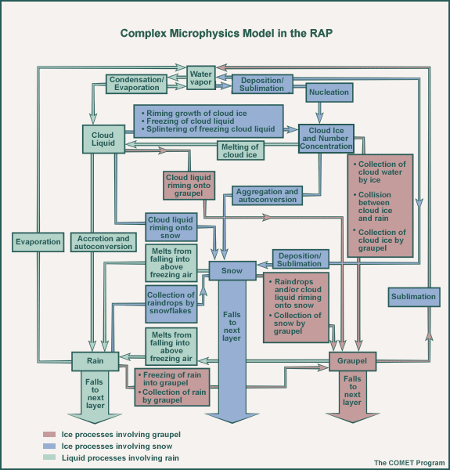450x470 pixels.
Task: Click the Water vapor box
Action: coord(201,78)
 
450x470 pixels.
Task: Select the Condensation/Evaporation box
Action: coord(136,84)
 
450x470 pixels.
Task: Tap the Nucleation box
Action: coord(329,92)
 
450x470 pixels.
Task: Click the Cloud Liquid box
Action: coord(103,139)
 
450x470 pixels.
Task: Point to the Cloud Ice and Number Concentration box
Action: coord(326,139)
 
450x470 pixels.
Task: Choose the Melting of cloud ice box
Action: coord(240,150)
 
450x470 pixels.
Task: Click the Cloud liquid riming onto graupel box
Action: coord(189,186)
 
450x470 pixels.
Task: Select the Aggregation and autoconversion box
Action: coord(267,195)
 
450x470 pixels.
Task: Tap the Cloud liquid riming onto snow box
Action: coord(171,227)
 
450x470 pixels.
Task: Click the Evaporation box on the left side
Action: coord(38,242)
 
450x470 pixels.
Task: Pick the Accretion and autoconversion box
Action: coord(103,242)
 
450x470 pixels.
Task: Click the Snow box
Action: coord(232,271)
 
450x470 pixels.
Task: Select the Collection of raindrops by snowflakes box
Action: coord(171,304)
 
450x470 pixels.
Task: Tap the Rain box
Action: coord(95,361)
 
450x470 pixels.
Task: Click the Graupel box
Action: coord(352,361)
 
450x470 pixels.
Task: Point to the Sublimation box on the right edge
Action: coord(414,297)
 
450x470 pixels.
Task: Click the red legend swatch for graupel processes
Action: coord(49,434)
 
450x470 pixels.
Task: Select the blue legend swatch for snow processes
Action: coord(49,446)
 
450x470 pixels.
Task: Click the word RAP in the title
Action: coord(321,33)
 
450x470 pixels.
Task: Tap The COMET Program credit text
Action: coord(409,463)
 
